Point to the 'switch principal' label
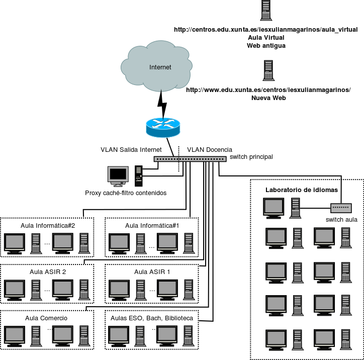coord(251,157)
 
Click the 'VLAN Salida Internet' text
coord(131,150)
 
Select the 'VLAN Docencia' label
coord(210,150)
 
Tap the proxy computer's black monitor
coord(118,175)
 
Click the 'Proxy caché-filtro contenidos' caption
coord(126,193)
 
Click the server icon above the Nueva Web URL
coord(268,70)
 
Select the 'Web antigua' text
coord(266,45)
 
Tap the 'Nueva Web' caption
coord(268,98)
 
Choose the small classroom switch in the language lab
coord(341,207)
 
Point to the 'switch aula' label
coord(341,219)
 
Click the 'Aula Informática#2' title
coord(48,225)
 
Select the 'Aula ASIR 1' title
coord(152,272)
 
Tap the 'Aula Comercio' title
coord(46,318)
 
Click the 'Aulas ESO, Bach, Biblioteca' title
coord(152,318)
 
